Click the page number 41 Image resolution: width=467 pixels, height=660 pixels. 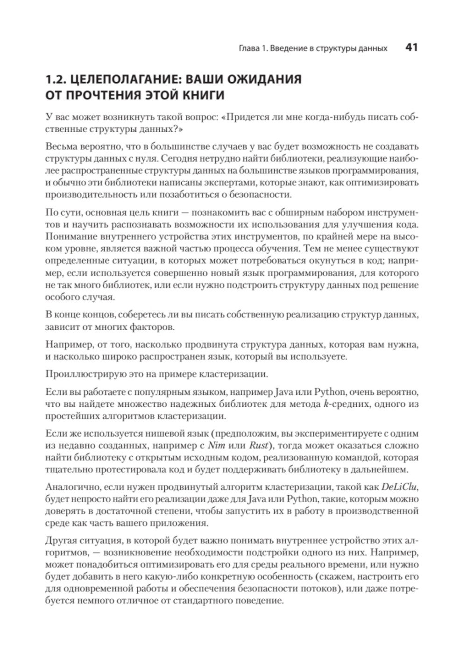(411, 47)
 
